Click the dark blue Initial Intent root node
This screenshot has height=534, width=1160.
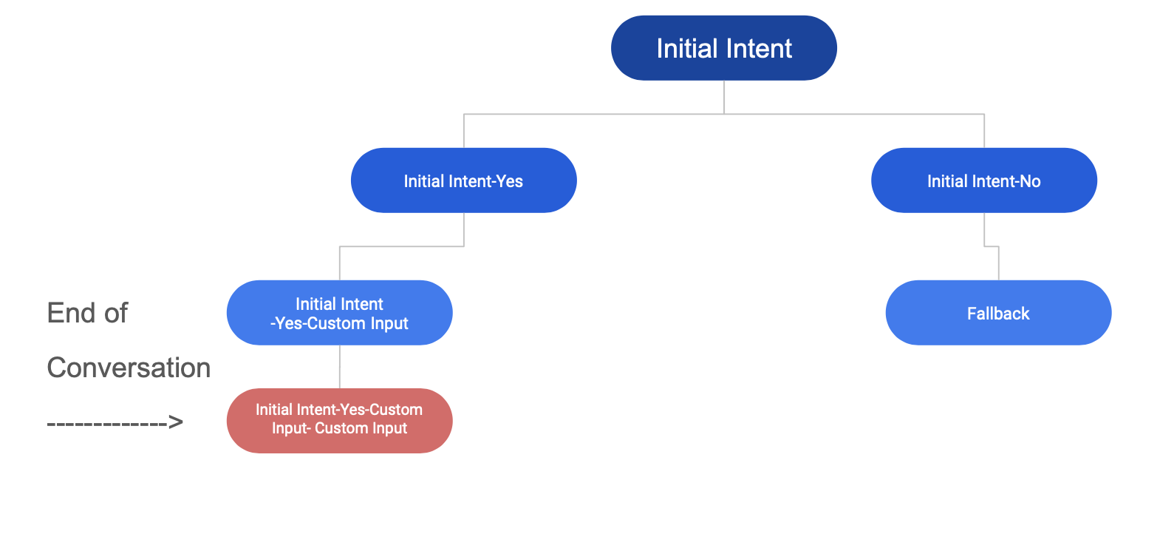tap(723, 47)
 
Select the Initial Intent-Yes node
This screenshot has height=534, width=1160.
tap(463, 180)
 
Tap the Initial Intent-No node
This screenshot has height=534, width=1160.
tap(984, 180)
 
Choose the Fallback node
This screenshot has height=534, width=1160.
tap(998, 313)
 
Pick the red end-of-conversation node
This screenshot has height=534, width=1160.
tap(339, 420)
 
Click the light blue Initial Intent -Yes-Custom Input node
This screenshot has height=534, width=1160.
tap(339, 313)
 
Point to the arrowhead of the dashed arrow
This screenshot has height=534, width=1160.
tap(176, 422)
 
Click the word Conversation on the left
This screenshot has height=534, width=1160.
tap(129, 368)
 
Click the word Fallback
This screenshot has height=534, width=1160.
tap(998, 314)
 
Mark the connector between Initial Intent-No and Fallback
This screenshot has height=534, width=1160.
tap(992, 246)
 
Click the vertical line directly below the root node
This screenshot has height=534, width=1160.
tap(724, 97)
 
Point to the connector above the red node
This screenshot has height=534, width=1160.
tap(340, 367)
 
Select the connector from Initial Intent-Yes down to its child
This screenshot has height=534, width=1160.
tap(402, 246)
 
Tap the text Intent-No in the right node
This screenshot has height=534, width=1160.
tap(1003, 181)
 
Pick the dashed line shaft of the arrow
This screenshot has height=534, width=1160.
tap(107, 424)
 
